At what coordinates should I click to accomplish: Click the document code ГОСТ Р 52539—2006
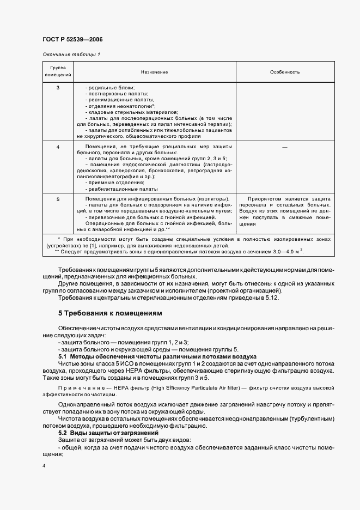point(72,40)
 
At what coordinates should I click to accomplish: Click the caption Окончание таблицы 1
point(71,54)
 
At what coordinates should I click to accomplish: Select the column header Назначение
point(154,72)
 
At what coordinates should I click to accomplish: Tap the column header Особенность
point(285,72)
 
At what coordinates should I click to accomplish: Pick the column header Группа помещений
point(58,72)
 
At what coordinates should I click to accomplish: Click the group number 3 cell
point(58,88)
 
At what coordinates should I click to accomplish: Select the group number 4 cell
point(58,147)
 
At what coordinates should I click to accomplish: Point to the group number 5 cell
point(58,199)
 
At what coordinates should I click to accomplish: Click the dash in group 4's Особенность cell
point(285,147)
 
